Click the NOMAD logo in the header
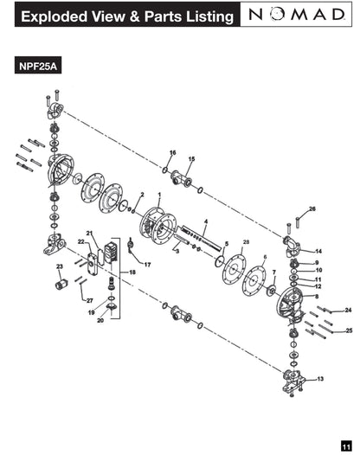(297, 14)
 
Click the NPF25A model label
(38, 66)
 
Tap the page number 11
(346, 445)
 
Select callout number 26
(312, 209)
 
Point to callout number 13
(320, 379)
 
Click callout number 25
(349, 330)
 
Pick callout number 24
(348, 310)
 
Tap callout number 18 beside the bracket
(132, 272)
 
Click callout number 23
(59, 266)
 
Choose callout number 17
(147, 265)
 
